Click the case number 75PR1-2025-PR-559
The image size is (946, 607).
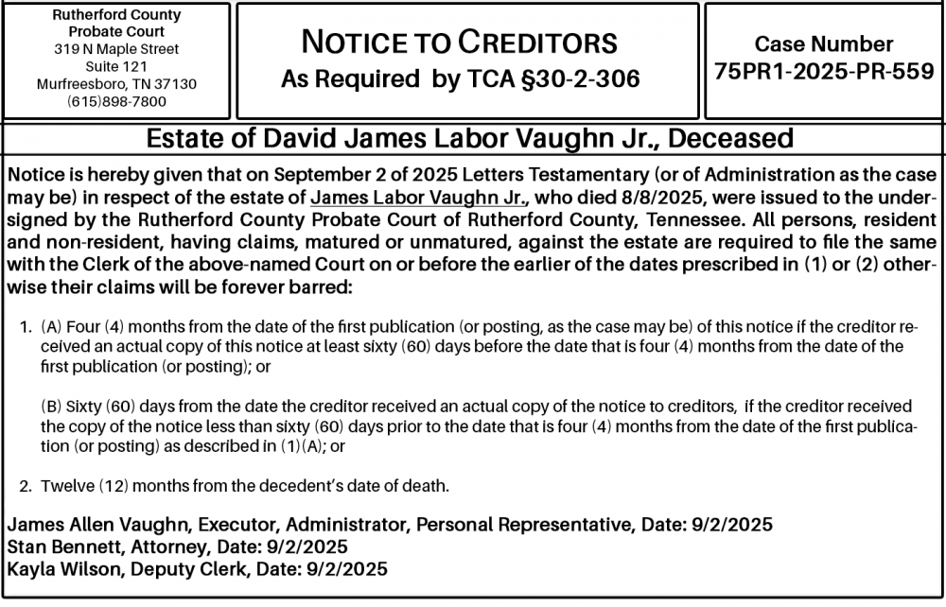pyautogui.click(x=824, y=73)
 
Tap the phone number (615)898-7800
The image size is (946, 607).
pyautogui.click(x=116, y=101)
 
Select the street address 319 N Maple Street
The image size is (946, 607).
pyautogui.click(x=116, y=49)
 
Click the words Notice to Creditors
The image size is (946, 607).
pyautogui.click(x=459, y=43)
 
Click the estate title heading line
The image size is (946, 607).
pyautogui.click(x=470, y=140)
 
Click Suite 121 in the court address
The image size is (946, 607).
pyautogui.click(x=116, y=66)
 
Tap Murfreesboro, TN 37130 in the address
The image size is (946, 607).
pyautogui.click(x=116, y=84)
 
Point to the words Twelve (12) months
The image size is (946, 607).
pyautogui.click(x=109, y=487)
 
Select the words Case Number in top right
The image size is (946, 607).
pyautogui.click(x=824, y=43)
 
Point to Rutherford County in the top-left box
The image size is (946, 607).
pyautogui.click(x=116, y=16)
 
